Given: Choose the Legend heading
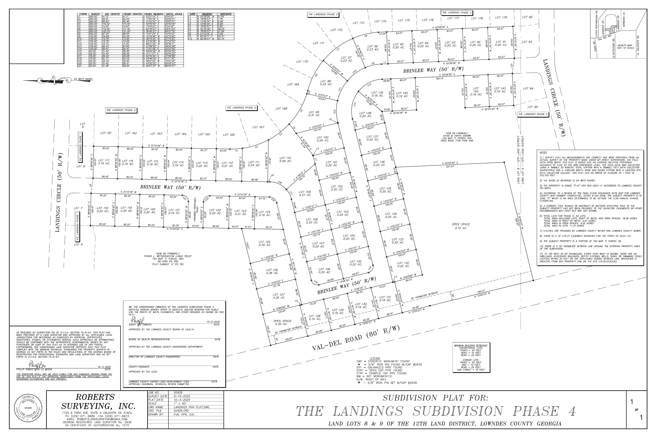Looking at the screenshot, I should click(375, 358).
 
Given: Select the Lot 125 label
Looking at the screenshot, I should click(264, 243).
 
